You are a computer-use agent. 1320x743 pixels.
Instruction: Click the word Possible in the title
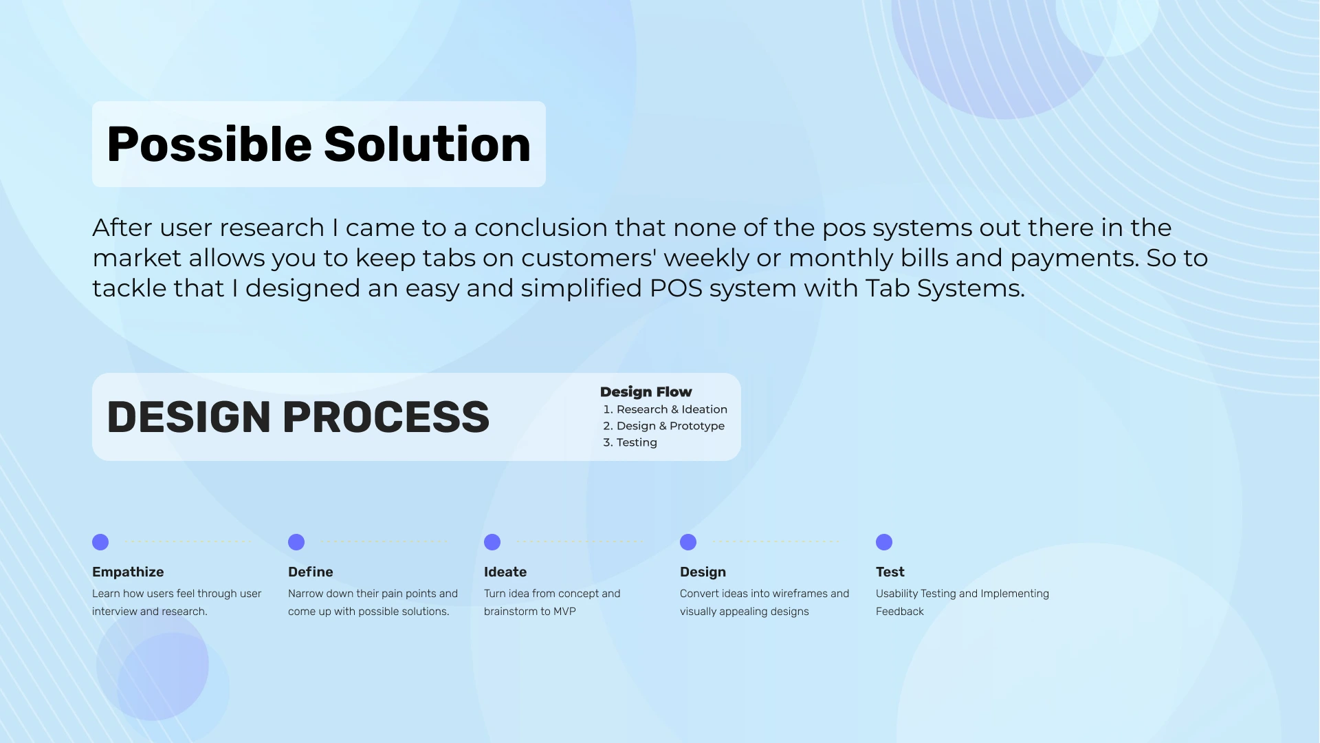coord(210,146)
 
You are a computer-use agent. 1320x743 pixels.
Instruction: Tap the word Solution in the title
coord(427,144)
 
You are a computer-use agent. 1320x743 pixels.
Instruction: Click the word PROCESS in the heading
coord(386,417)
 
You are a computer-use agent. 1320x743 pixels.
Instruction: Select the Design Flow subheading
coord(646,392)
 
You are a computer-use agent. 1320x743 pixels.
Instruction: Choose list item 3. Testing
coord(630,442)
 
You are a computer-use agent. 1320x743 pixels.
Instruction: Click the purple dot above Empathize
coord(100,542)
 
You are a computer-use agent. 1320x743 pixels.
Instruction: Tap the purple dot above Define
coord(296,542)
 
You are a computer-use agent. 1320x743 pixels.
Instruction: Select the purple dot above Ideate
coord(492,542)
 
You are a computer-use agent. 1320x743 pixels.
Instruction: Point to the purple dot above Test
coord(884,542)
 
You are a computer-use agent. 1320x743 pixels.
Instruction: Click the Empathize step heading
coord(128,572)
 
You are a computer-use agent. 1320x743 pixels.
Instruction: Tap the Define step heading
coord(311,572)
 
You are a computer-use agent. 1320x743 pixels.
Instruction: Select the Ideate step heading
coord(505,572)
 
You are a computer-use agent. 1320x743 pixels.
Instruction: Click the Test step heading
coord(890,572)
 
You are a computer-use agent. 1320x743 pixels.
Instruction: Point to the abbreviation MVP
coord(564,612)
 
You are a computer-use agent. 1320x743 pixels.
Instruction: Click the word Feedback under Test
coord(900,612)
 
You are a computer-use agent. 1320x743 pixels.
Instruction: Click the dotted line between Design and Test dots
coord(776,542)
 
